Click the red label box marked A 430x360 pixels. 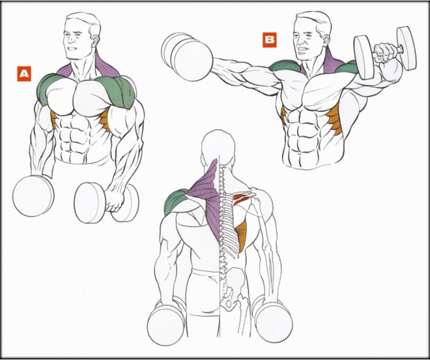[x=24, y=74]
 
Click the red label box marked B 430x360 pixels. [x=270, y=40]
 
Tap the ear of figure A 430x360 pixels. [x=96, y=40]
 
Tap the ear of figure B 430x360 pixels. [x=326, y=40]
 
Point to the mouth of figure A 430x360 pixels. [x=72, y=49]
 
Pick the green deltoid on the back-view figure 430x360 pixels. [x=175, y=201]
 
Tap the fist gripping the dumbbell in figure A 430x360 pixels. [x=115, y=200]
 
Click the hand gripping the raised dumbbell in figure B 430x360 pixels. [x=385, y=52]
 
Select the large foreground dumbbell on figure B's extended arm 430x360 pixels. [x=187, y=57]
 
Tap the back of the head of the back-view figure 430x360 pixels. [x=218, y=145]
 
